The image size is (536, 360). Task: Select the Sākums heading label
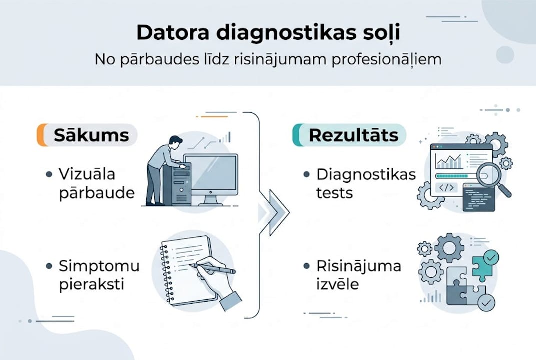click(91, 135)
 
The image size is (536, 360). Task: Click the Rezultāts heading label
click(353, 135)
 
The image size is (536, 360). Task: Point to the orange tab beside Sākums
click(42, 135)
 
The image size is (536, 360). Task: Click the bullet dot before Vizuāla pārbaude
click(49, 174)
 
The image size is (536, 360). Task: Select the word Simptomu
click(99, 266)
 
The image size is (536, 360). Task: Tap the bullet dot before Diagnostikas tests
click(306, 174)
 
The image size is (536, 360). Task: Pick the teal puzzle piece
click(483, 265)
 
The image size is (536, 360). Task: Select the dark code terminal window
click(478, 198)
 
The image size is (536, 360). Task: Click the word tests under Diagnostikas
click(334, 193)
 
